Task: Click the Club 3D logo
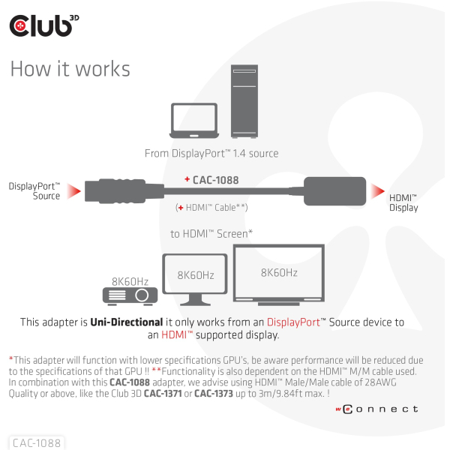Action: coord(44,25)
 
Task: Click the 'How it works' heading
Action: coord(70,69)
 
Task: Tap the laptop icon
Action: coord(194,121)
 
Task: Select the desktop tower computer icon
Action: coord(244,101)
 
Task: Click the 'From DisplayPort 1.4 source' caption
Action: coord(211,154)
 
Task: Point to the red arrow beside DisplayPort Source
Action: coord(73,191)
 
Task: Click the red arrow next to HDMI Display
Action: coord(377,191)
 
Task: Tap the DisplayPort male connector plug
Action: coord(124,190)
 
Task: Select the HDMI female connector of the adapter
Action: coord(334,191)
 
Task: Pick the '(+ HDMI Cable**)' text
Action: coord(211,207)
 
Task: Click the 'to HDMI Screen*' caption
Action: coord(211,233)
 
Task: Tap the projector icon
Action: coord(130,296)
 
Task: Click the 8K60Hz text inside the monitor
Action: coord(196,275)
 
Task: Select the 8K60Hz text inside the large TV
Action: coord(279,273)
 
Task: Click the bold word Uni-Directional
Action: coord(127,322)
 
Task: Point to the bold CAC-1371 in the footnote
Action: coord(163,393)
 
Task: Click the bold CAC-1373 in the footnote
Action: coord(214,393)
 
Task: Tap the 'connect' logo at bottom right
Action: coord(376,409)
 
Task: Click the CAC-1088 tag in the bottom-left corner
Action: coord(37,442)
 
